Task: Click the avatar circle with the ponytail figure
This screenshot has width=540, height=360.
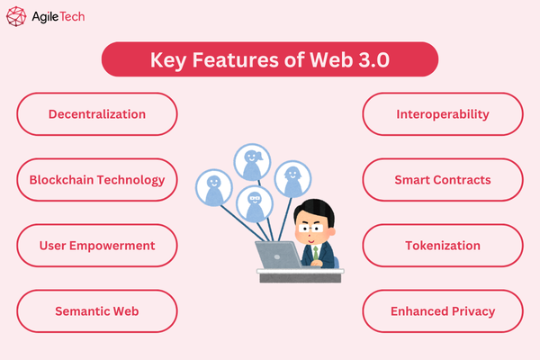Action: pyautogui.click(x=252, y=162)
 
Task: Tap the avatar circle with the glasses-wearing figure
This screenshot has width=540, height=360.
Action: pyautogui.click(x=255, y=203)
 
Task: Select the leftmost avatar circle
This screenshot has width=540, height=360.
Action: pyautogui.click(x=213, y=186)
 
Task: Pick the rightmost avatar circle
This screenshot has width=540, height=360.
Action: pyautogui.click(x=292, y=179)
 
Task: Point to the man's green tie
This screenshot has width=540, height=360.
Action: pyautogui.click(x=317, y=253)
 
